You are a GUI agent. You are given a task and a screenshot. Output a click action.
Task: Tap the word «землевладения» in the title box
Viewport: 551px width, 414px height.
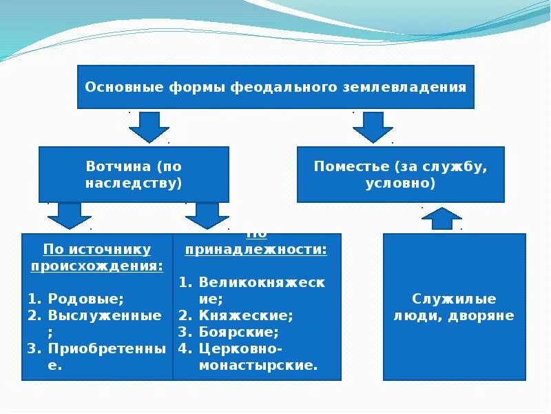coord(415,88)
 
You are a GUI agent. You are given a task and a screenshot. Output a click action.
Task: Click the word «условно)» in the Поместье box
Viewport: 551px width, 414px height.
coord(400,184)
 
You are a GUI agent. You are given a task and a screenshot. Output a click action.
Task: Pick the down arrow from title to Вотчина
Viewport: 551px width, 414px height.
coord(149,126)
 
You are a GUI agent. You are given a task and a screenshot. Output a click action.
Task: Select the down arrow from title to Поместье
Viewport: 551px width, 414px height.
coord(373,126)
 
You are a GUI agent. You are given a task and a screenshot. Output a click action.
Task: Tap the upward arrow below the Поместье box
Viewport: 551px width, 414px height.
coord(441,218)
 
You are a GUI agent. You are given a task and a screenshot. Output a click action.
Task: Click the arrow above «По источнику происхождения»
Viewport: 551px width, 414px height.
coord(69,215)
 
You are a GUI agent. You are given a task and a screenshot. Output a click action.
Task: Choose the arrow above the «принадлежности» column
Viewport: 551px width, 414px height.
coord(207,215)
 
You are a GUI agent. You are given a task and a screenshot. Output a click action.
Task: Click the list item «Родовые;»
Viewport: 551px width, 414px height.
coord(86,299)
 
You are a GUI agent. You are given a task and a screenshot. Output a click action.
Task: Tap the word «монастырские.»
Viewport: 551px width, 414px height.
coord(258,365)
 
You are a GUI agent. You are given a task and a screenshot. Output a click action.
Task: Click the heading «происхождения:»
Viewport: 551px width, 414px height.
coord(96,266)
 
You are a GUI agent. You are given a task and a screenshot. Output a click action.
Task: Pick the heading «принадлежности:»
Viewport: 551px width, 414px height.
coord(256,249)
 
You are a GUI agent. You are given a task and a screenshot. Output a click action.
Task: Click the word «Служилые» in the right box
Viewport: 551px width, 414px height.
coord(454,299)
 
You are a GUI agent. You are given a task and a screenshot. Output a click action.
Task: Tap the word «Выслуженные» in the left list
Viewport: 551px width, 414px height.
coord(105,315)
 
